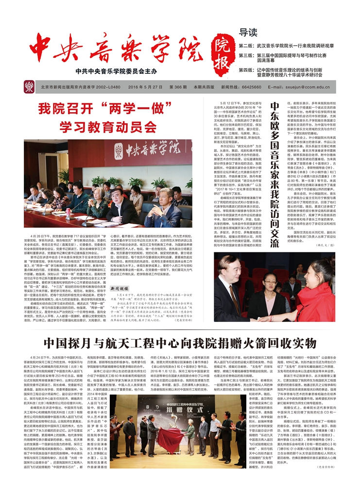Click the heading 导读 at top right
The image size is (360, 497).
pos(249,33)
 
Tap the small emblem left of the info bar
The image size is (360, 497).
pos(29,87)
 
